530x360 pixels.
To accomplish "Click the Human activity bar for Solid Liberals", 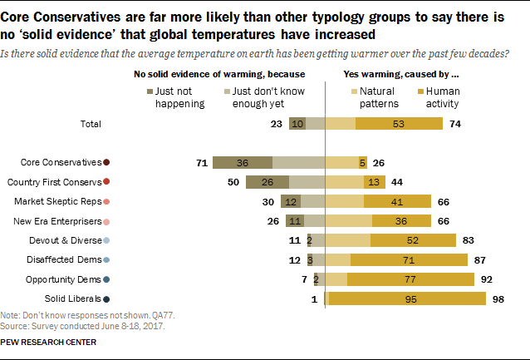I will coord(407,298).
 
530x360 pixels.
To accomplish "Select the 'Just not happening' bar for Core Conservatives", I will coord(243,163).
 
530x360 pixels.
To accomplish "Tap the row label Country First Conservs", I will coord(53,182).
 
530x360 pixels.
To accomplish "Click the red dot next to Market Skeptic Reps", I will coord(106,201).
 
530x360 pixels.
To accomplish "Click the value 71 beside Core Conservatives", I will coord(201,163).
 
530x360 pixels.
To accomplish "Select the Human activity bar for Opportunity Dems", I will coord(410,279).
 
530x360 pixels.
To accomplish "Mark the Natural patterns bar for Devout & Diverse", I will coord(347,240).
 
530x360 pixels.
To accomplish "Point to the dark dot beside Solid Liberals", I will coord(106,298).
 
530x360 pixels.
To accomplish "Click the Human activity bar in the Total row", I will coord(399,124).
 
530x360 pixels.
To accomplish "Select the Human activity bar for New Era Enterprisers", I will coord(401,221).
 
